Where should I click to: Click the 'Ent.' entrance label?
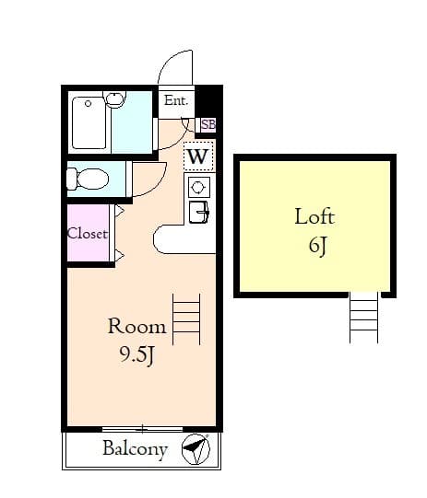tap(175, 101)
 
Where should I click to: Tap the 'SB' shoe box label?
tap(208, 124)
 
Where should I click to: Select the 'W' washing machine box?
tap(198, 156)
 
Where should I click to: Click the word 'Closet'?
tap(88, 234)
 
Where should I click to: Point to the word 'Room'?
tap(136, 326)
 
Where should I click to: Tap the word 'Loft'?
tap(314, 217)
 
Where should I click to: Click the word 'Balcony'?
tap(135, 449)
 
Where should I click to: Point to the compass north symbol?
tap(196, 449)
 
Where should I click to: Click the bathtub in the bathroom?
tap(90, 123)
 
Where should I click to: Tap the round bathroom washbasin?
tap(115, 99)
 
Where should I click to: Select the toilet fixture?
tap(88, 179)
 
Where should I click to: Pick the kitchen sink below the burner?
tap(199, 212)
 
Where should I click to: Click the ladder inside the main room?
tap(186, 318)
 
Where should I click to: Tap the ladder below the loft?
tap(363, 318)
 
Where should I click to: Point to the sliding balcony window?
tap(142, 429)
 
